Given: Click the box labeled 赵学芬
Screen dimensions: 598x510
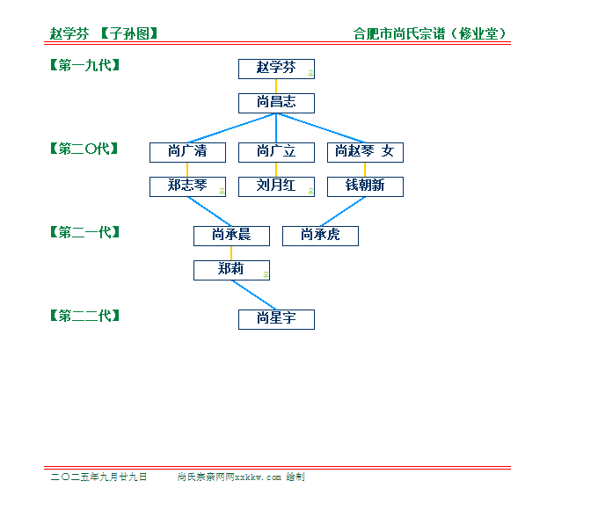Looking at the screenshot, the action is pos(276,69).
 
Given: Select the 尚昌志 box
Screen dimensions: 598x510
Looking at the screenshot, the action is pos(276,104).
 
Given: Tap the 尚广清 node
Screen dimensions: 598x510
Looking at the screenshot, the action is pos(187,153).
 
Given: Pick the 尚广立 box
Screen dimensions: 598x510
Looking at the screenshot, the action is pos(276,153).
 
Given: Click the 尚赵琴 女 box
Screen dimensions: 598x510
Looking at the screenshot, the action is pos(365,153).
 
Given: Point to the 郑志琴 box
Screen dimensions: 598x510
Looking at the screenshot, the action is pos(187,187).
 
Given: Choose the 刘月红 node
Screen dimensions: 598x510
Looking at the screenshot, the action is pos(276,187).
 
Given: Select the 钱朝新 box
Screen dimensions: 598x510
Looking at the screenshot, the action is pos(365,187).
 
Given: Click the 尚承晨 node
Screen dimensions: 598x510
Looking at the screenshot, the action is pos(231,237).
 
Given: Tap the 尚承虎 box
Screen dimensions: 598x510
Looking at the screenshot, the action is pos(320,237).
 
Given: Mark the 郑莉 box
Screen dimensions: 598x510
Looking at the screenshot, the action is pos(231,271).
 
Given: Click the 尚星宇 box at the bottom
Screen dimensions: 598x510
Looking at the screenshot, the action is pos(276,320).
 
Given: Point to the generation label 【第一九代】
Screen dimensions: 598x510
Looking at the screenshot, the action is pos(85,65).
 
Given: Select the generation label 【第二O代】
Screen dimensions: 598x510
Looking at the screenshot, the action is pos(84,149).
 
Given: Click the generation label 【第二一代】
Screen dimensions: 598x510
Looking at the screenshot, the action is pos(85,232).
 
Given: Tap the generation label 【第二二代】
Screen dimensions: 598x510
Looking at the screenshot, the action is pos(85,316).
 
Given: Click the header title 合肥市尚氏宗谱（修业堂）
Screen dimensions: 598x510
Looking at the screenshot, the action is pos(430,33).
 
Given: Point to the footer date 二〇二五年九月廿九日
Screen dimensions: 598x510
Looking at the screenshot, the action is pos(98,477).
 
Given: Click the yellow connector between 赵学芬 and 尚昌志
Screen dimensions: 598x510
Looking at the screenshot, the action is pos(276,86).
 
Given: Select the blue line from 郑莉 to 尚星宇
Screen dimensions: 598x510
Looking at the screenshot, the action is pos(254,295).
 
